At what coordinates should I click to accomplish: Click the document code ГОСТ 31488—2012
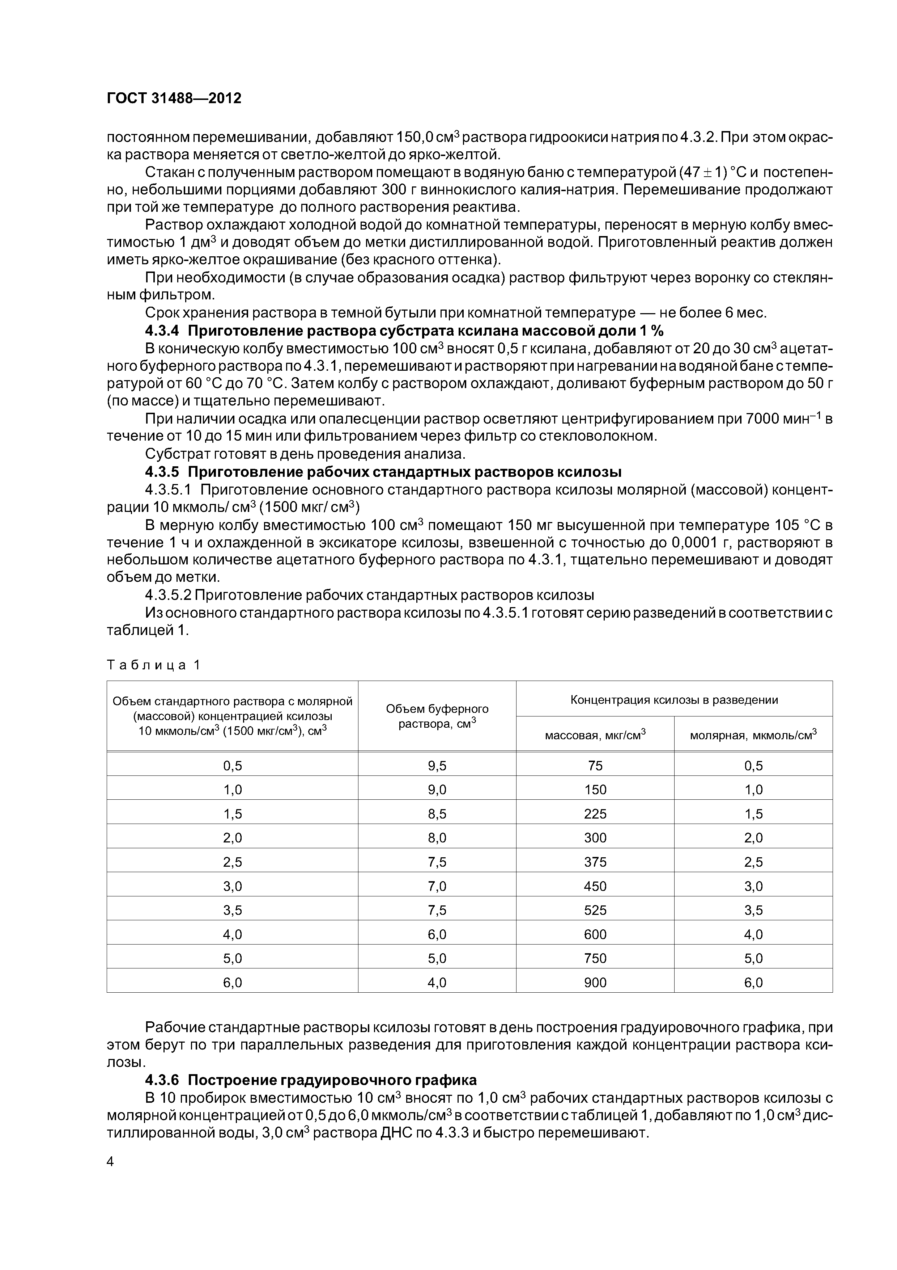coord(174,98)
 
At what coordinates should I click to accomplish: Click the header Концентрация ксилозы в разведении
coord(674,700)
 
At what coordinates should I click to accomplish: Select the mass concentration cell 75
coord(595,766)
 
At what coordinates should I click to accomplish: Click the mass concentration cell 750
coord(595,958)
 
